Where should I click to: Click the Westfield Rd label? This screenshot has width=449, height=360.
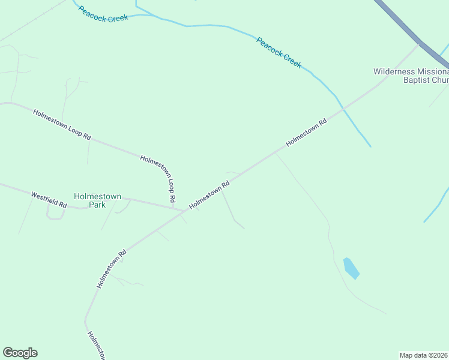coord(49,200)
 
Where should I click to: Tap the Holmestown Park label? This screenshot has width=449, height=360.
coord(97,200)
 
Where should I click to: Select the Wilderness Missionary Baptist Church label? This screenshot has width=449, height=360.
coord(411,76)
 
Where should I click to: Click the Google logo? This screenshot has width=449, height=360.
coord(20,353)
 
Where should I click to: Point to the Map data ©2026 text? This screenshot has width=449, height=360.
coord(424,355)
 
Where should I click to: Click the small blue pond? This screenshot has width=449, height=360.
coord(351,268)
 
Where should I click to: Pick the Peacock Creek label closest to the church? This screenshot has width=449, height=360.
coord(279,52)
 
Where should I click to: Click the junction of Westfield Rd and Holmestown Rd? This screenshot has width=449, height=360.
coord(184,211)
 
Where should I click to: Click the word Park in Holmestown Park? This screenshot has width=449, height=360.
coord(97,205)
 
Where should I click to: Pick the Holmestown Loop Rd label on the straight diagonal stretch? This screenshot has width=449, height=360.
coord(62,125)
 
